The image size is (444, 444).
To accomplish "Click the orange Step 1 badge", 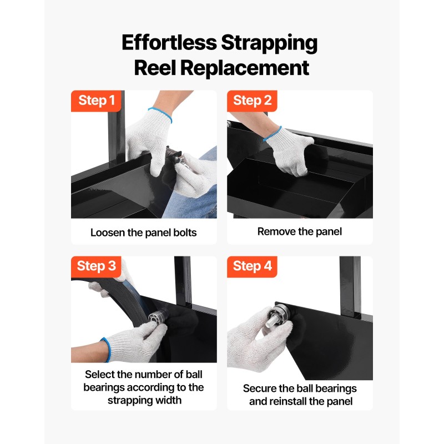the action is point(96,101).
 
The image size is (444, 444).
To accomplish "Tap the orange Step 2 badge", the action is point(252,101).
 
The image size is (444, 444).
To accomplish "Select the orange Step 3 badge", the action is point(96,266).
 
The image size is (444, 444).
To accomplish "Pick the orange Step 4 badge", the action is point(252,266).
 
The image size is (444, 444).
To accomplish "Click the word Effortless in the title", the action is point(169,43).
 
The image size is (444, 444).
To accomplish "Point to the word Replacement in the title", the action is point(244,68).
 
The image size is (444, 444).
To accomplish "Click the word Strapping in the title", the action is point(269,44).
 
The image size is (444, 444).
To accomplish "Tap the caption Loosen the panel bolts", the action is point(144,233).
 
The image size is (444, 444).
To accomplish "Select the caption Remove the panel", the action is point(300,231).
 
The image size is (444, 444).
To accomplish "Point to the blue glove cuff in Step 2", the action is point(273,134).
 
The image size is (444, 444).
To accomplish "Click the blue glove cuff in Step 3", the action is point(106,350).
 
